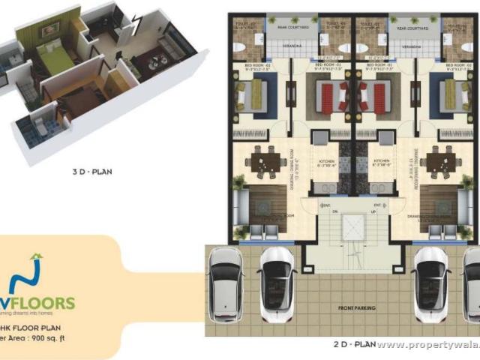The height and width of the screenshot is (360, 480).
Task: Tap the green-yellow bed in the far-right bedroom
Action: coord(454,95)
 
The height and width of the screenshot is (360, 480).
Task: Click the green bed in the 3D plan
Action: coord(51,58)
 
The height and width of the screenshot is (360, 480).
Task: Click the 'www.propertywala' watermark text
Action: coord(424,346)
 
